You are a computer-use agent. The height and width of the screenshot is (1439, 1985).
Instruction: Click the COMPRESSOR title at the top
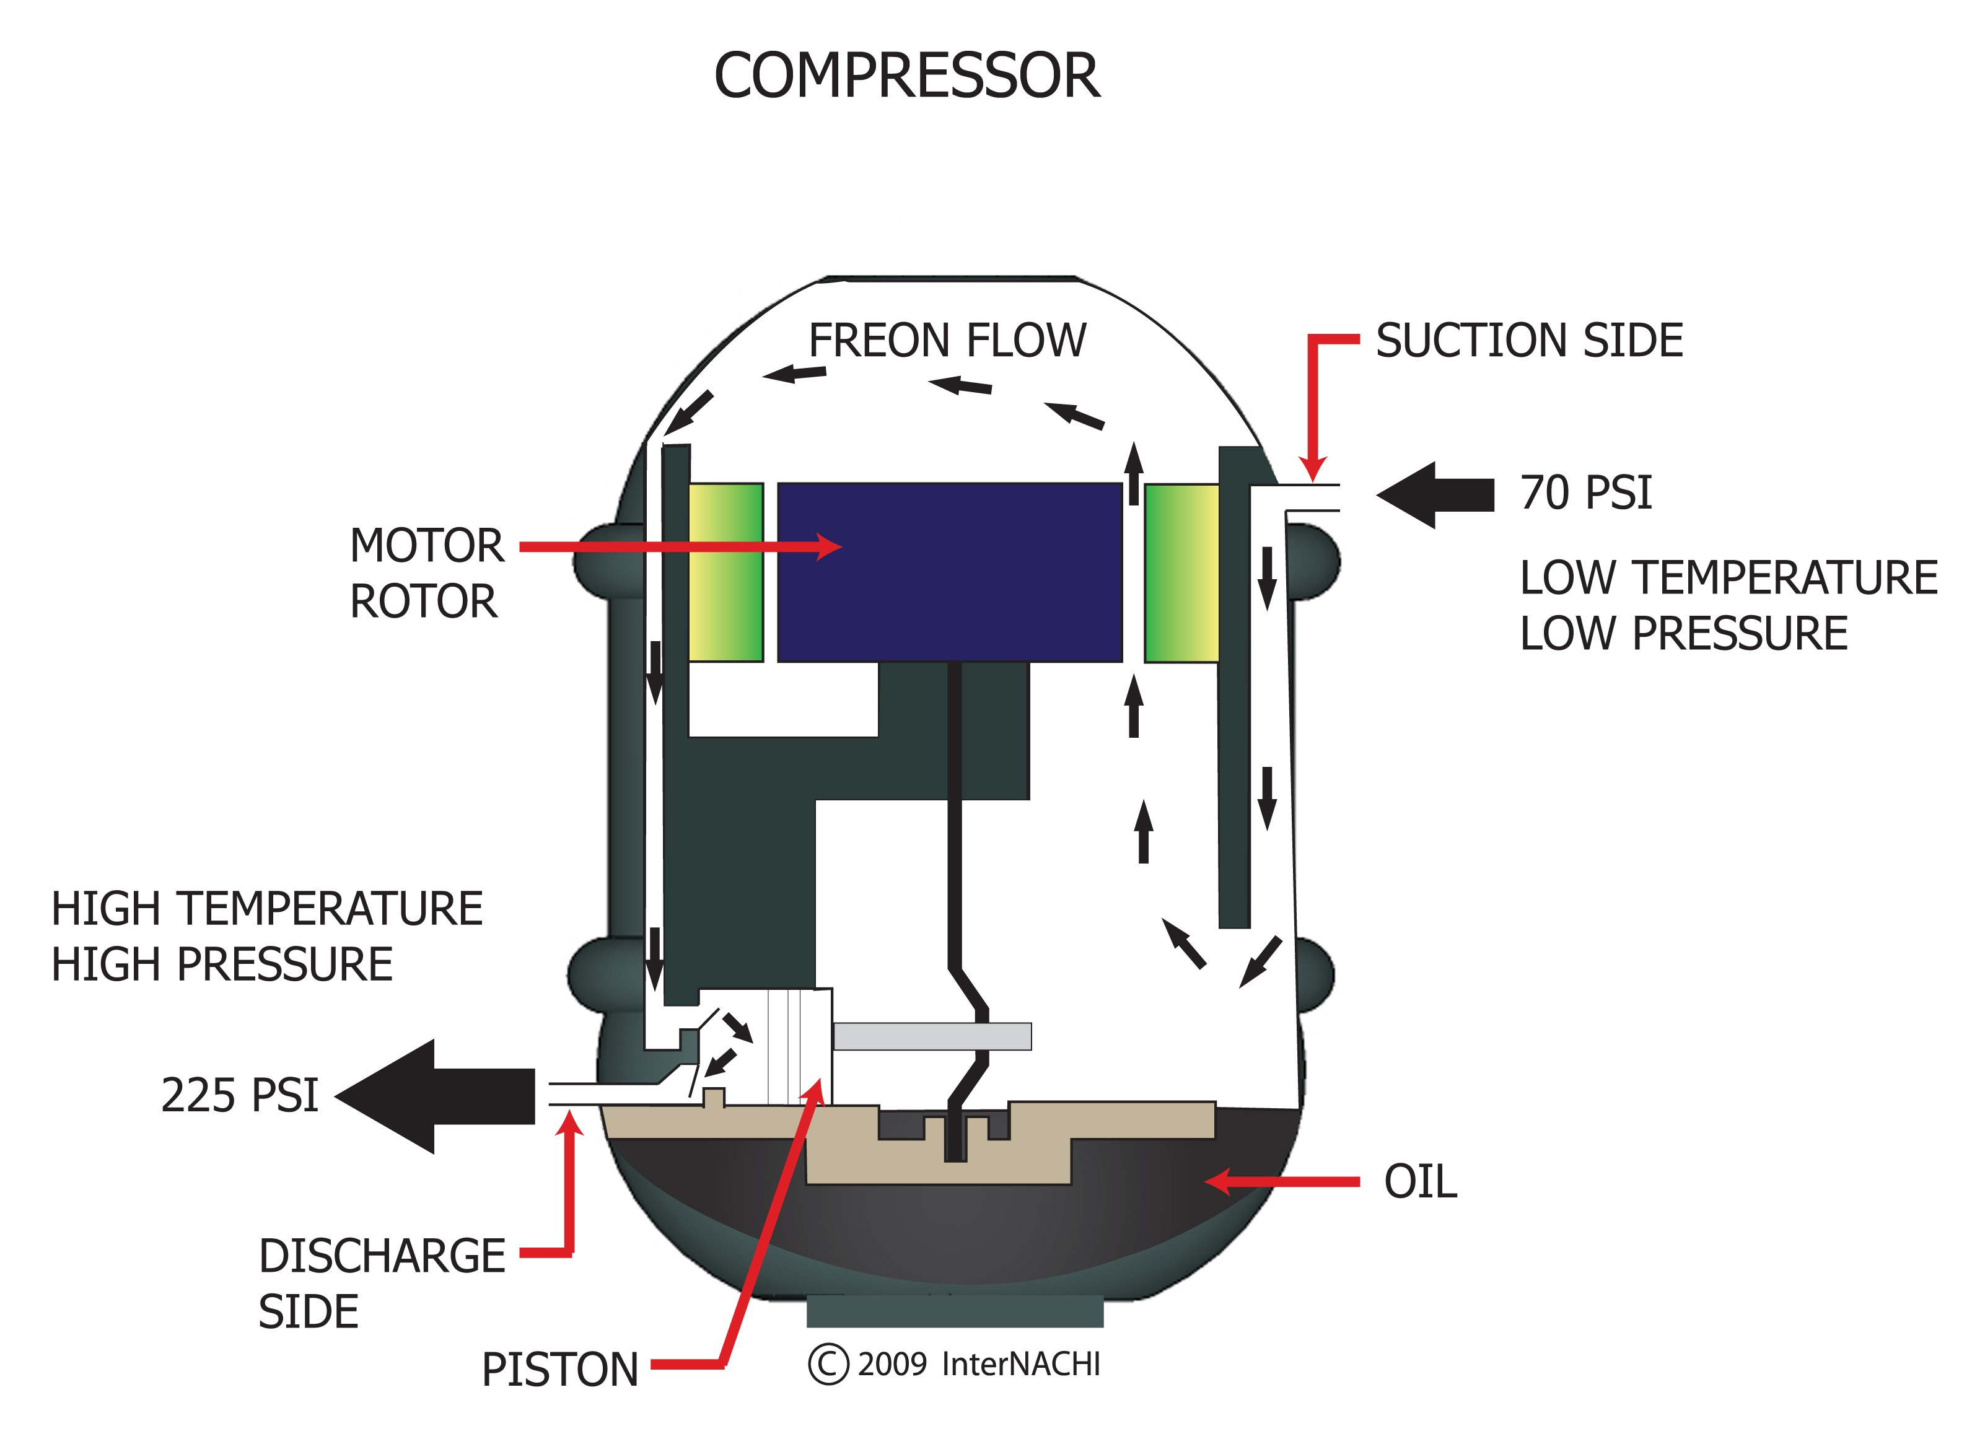point(907,76)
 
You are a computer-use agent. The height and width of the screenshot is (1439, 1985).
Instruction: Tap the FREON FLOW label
point(947,341)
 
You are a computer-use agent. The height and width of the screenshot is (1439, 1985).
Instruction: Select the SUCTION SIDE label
point(1529,341)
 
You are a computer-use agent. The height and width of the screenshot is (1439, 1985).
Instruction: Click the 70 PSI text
point(1586,493)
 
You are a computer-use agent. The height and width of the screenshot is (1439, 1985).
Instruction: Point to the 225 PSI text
point(240,1096)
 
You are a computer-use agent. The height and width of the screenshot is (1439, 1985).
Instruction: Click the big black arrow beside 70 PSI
point(1435,496)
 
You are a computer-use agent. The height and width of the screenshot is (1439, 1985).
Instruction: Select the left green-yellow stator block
point(725,572)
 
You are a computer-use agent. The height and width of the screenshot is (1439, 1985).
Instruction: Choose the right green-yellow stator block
point(1181,574)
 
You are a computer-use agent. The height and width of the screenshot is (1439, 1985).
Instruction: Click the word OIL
point(1419,1183)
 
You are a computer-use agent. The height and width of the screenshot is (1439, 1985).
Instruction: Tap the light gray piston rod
point(932,1036)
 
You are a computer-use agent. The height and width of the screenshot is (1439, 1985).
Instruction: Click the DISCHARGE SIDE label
point(381,1283)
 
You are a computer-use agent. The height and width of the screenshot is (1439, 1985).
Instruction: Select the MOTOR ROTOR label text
point(426,574)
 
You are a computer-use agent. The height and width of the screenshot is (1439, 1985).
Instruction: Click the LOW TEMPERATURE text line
point(1729,579)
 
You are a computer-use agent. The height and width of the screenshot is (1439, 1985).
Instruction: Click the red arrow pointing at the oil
point(1282,1182)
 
